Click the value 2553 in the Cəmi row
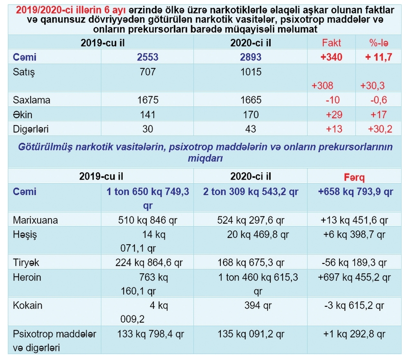coord(147,57)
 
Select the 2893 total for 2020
coord(250,57)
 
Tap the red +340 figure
coord(331,57)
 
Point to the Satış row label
coord(24,72)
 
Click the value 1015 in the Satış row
coord(250,72)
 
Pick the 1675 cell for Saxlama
coord(147,100)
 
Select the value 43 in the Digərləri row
coord(250,129)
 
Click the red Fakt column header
coord(331,43)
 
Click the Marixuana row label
coord(36,220)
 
